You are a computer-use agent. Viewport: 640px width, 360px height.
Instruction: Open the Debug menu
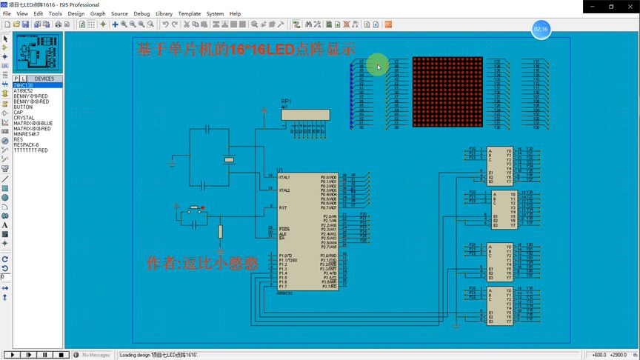(141, 13)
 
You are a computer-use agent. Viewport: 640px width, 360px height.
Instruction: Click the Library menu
(164, 13)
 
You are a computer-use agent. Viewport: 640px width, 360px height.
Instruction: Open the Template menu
(190, 13)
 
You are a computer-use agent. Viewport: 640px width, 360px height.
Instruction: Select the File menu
(7, 13)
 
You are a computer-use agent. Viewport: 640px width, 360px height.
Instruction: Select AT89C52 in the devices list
(23, 90)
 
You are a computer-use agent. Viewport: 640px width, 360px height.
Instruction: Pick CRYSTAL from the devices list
(24, 117)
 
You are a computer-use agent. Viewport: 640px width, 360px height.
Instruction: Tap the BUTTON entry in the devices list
(23, 107)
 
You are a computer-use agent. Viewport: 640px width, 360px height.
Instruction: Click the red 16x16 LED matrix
(447, 93)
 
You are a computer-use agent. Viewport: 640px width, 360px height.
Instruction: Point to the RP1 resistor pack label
(286, 100)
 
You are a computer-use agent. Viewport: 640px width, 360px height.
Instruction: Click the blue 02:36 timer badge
(541, 30)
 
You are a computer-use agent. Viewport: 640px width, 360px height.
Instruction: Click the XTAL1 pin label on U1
(284, 178)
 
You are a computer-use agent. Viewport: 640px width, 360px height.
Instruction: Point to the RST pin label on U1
(283, 207)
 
